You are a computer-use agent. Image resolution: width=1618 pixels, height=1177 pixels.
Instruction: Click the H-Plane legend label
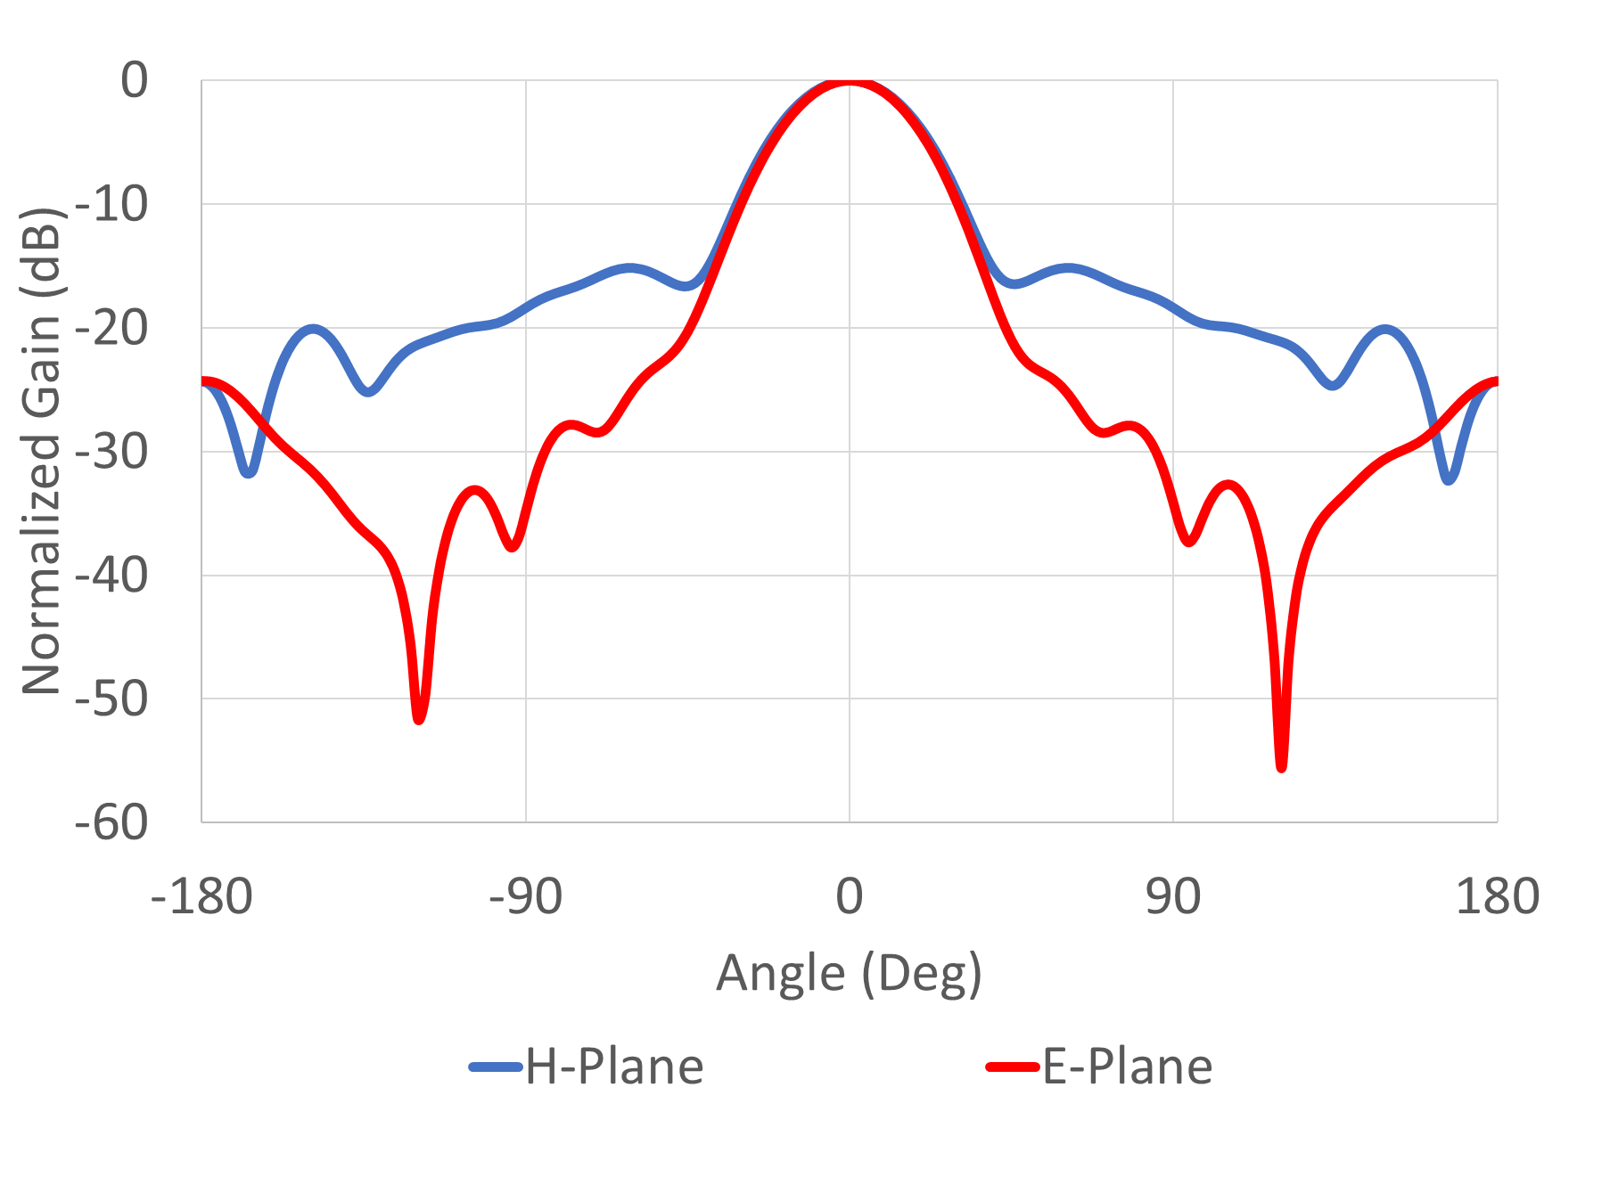[614, 1067]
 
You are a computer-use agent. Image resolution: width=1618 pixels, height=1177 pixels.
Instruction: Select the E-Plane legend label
[1127, 1067]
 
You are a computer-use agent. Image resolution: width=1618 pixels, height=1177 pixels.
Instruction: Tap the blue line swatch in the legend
[496, 1067]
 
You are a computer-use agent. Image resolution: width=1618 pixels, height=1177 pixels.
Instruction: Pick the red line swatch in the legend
[1013, 1067]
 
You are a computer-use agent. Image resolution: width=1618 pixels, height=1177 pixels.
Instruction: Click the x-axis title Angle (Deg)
[849, 973]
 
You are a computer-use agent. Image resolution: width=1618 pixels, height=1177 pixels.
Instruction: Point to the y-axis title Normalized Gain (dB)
[42, 451]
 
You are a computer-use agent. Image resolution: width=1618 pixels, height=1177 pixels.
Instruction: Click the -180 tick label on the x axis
[202, 896]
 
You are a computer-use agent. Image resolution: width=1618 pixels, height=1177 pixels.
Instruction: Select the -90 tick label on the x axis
[526, 896]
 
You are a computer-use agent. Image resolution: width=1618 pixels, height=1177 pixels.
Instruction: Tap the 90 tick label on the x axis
[1173, 896]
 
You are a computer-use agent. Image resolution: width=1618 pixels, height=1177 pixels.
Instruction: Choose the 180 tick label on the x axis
[1497, 896]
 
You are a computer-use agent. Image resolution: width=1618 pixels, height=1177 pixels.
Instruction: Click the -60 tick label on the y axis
[111, 822]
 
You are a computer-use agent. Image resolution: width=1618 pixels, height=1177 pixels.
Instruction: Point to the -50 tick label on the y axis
[111, 699]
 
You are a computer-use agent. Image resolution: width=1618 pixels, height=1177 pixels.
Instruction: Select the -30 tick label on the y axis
[111, 452]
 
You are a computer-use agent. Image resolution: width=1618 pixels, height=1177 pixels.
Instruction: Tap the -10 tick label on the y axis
[111, 205]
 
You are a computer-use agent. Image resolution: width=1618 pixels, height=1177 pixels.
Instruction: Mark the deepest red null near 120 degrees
[1281, 766]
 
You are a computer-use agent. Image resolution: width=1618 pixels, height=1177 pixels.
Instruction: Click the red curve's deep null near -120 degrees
[419, 718]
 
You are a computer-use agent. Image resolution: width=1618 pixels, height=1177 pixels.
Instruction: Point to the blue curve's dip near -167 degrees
[249, 471]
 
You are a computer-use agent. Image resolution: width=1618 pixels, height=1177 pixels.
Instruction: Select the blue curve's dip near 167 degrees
[1450, 479]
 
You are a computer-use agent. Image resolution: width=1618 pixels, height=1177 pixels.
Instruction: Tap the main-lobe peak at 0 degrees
[850, 82]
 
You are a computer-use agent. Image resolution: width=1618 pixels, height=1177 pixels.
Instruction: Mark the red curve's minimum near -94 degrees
[513, 545]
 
